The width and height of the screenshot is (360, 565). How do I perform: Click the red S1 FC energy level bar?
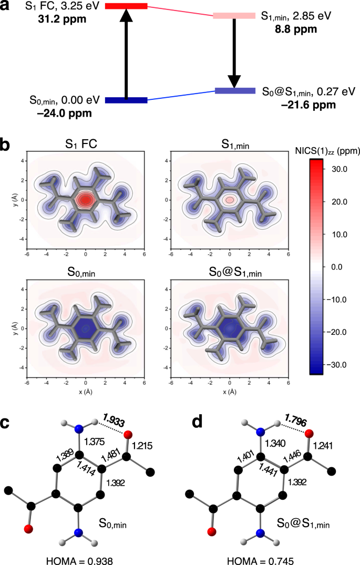click(126, 6)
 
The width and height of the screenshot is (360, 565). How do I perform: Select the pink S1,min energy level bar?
click(234, 16)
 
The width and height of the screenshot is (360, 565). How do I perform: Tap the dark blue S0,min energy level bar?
click(126, 100)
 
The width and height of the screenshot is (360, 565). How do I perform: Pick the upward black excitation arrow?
click(125, 53)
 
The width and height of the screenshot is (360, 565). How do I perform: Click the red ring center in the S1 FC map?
click(86, 200)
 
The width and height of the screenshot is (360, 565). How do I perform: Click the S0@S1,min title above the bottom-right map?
click(229, 273)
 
